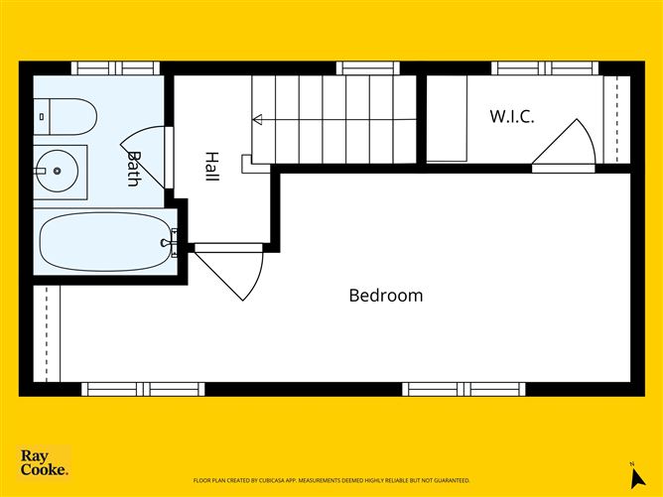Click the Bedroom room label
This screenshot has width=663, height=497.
[385, 296]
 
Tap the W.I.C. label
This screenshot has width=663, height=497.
[511, 116]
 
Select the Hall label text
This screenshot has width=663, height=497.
[211, 166]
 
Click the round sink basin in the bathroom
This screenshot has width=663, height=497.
[58, 172]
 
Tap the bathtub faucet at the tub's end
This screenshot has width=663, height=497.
[175, 239]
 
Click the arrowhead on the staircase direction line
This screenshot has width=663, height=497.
[257, 119]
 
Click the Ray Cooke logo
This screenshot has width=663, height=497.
[45, 462]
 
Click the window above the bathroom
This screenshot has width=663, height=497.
[114, 68]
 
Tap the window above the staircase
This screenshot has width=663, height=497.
[367, 68]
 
